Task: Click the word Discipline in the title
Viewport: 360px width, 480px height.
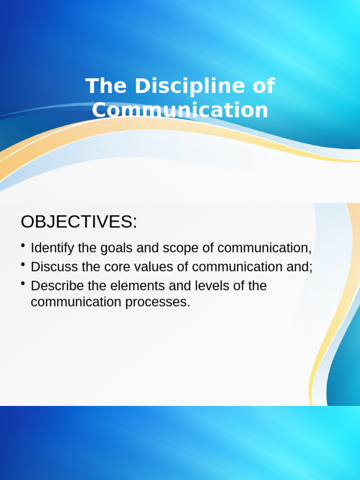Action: click(184, 87)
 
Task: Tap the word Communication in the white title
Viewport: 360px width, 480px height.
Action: click(180, 110)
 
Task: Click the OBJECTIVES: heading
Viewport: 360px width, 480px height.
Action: click(79, 222)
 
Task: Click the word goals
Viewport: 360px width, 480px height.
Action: click(117, 248)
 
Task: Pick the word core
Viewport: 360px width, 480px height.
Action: click(117, 267)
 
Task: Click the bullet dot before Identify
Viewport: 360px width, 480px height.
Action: click(23, 246)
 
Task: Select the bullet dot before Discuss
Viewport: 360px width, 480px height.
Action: click(23, 265)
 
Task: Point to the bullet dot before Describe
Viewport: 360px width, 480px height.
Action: click(23, 284)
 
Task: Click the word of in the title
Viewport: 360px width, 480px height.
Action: click(262, 87)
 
